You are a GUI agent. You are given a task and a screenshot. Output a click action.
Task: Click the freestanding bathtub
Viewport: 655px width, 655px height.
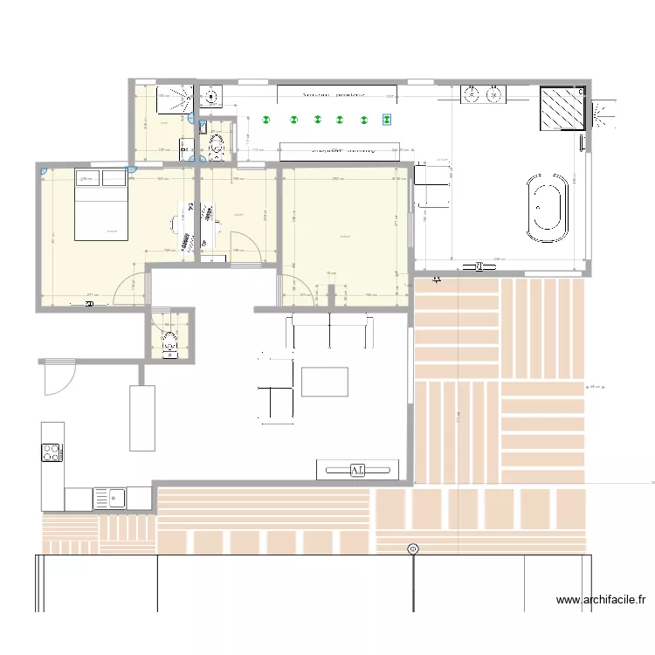547,208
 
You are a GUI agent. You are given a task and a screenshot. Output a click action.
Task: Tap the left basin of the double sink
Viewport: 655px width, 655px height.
470,94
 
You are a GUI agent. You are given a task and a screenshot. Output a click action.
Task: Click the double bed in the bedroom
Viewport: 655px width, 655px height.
101,204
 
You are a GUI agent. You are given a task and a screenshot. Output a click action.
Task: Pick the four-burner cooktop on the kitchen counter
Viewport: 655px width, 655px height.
52,452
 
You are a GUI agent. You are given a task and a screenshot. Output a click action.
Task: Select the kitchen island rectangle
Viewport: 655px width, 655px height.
143,417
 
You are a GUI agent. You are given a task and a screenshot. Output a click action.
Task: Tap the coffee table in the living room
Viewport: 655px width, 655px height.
325,382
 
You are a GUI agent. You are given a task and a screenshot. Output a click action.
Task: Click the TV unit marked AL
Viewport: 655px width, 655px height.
358,471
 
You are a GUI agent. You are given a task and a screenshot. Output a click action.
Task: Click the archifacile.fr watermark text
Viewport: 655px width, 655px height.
601,600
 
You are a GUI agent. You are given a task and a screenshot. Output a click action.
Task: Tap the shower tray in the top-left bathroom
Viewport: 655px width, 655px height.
176,100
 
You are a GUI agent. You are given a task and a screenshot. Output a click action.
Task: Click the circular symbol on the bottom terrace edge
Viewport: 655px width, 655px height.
413,548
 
